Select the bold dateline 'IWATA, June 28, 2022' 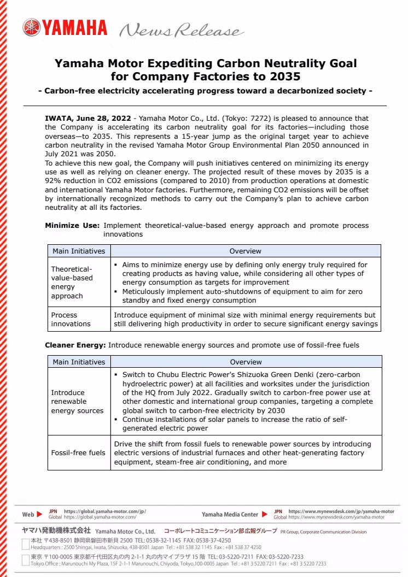click(x=88, y=118)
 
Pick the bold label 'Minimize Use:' click(x=72, y=225)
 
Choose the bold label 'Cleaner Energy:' click(x=75, y=345)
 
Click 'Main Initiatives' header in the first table click(x=79, y=251)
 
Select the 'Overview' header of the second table click(x=246, y=362)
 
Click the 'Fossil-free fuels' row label click(x=78, y=453)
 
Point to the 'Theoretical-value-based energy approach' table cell click(x=72, y=282)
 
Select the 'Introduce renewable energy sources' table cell click(x=77, y=402)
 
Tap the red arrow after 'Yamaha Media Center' click(x=265, y=514)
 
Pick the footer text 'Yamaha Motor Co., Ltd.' click(x=125, y=531)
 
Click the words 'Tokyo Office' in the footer click(x=46, y=564)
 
